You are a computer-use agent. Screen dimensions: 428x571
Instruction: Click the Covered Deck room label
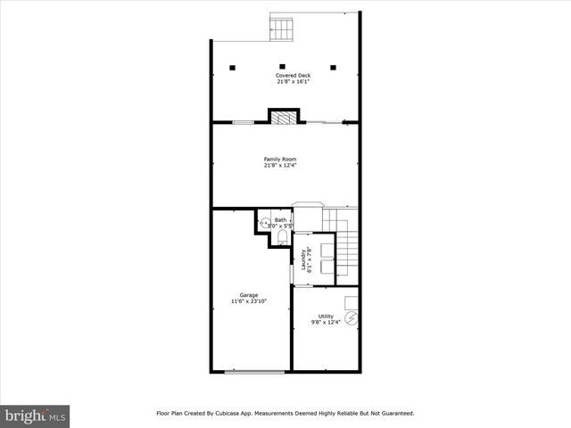(285, 75)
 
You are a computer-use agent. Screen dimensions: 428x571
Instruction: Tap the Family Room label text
(280, 159)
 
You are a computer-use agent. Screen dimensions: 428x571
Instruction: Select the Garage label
(249, 295)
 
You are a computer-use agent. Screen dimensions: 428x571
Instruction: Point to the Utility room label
(327, 316)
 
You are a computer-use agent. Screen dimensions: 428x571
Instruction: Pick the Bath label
(280, 219)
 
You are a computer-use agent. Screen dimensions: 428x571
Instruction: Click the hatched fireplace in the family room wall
(285, 116)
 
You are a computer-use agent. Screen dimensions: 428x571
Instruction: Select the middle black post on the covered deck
(283, 66)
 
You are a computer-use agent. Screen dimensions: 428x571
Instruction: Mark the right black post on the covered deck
(335, 66)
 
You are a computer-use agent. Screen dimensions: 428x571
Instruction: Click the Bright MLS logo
(35, 416)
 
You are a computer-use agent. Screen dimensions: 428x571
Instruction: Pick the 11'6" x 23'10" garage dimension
(249, 301)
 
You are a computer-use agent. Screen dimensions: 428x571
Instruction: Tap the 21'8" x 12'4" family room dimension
(280, 165)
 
